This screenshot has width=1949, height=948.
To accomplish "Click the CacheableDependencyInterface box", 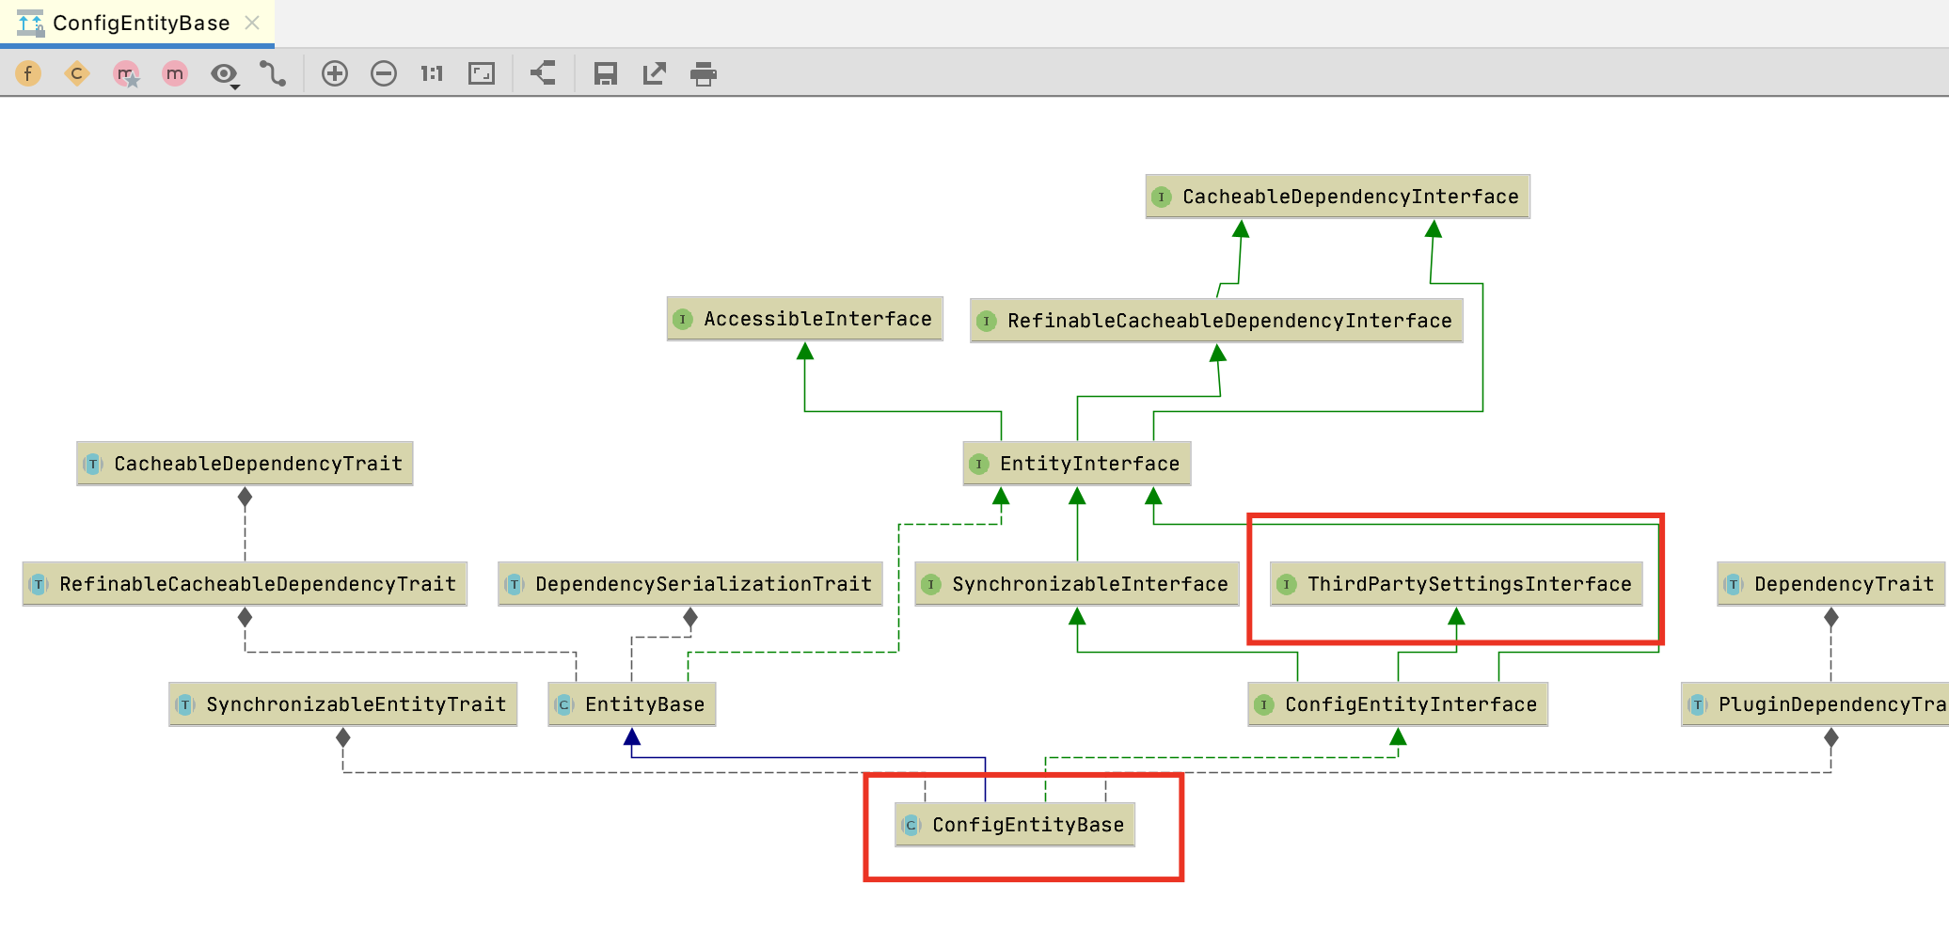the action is pos(1337,197).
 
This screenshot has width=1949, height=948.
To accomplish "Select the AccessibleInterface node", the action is pos(804,319).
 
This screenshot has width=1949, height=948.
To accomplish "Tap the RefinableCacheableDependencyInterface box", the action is pos(1216,321).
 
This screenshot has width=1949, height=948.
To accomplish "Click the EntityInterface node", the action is pos(1077,464).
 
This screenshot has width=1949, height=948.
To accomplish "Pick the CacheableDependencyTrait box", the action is pos(245,464).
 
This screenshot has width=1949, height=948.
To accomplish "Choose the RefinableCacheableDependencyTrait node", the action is pos(245,584).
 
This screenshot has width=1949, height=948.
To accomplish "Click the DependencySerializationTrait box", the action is pos(690,584).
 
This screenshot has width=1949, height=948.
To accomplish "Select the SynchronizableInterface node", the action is pos(1077,584).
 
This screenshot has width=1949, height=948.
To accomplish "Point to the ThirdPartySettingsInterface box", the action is pos(1456,584).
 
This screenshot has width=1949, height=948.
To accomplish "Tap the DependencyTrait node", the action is pos(1830,584).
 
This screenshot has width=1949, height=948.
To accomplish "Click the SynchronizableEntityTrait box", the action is pos(343,704).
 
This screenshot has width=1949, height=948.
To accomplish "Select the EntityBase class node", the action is pos(632,704).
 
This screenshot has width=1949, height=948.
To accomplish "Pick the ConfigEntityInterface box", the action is pos(1398,704).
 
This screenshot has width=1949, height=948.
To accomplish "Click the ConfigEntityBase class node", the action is pos(1015,825).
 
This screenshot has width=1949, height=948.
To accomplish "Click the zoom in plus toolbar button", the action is pos(335,73).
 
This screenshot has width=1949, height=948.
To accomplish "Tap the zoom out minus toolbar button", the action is pos(384,73).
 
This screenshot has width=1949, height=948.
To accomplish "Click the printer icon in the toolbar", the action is pos(704,73).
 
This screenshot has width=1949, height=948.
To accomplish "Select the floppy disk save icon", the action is pos(606,73).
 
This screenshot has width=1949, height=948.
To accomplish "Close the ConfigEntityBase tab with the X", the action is pos(252,23).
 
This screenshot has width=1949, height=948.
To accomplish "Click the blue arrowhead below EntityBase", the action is pos(632,736).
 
